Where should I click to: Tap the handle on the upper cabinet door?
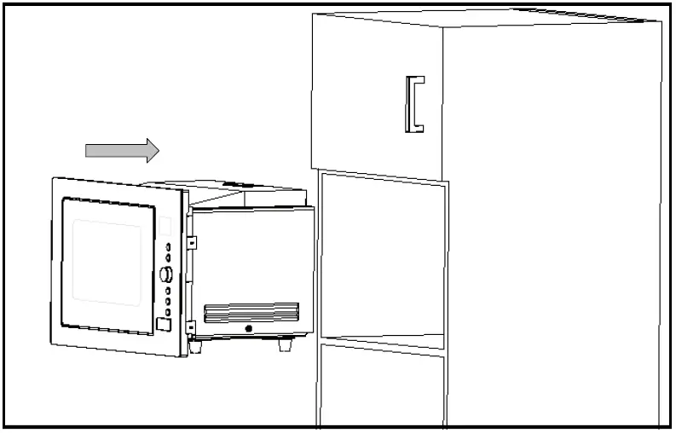414,104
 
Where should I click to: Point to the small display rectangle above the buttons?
165,227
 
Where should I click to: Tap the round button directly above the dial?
169,257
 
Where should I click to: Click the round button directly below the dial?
168,291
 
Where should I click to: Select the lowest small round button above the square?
168,312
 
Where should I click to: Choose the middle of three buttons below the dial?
168,301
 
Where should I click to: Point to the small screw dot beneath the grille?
248,328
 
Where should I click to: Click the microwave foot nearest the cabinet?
283,345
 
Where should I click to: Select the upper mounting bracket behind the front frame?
193,242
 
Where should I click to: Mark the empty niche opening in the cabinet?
382,256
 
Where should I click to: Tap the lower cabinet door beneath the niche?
382,388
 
